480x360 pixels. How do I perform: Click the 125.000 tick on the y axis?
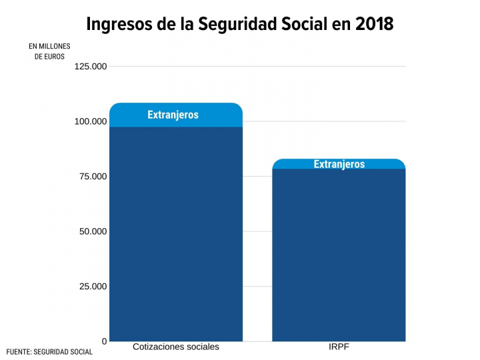[91, 67]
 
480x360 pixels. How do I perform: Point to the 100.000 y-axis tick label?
[91, 121]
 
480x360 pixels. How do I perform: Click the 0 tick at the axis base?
[104, 341]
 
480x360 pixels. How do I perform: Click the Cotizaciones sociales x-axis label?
[176, 347]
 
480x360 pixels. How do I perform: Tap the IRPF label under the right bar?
[339, 347]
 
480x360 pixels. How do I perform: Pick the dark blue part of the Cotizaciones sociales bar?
[176, 233]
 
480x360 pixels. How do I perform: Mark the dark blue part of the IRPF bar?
[339, 253]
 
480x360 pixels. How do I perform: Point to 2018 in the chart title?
[374, 25]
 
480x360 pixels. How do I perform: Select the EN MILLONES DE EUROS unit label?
[49, 51]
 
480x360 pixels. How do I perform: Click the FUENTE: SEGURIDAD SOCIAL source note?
[49, 352]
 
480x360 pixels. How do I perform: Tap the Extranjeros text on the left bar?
[173, 115]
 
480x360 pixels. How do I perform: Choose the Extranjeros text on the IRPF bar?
[339, 164]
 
